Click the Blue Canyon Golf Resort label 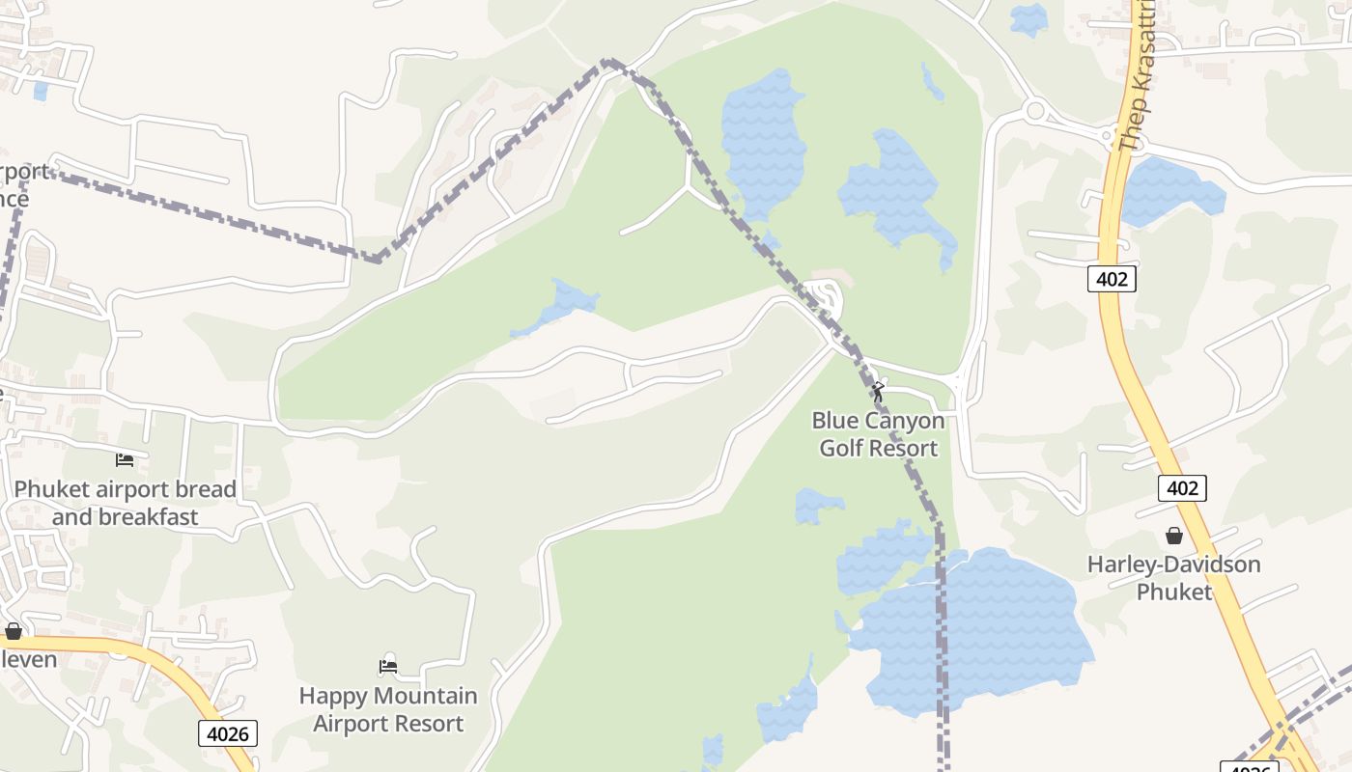click(x=878, y=434)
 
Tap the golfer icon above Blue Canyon click(x=878, y=392)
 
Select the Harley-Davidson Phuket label click(x=1173, y=577)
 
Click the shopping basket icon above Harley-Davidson click(x=1174, y=536)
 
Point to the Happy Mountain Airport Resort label click(x=388, y=709)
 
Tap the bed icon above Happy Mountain click(x=388, y=666)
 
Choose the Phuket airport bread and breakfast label click(x=125, y=503)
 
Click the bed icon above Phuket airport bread click(x=125, y=459)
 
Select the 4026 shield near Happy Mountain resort click(x=229, y=733)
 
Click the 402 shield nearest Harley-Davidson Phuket click(x=1182, y=488)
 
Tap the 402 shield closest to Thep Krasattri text click(x=1113, y=279)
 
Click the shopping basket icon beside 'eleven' click(x=14, y=631)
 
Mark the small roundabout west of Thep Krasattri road click(x=1035, y=110)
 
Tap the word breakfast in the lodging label click(x=126, y=516)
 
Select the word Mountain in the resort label click(x=425, y=696)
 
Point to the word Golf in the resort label click(x=844, y=448)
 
